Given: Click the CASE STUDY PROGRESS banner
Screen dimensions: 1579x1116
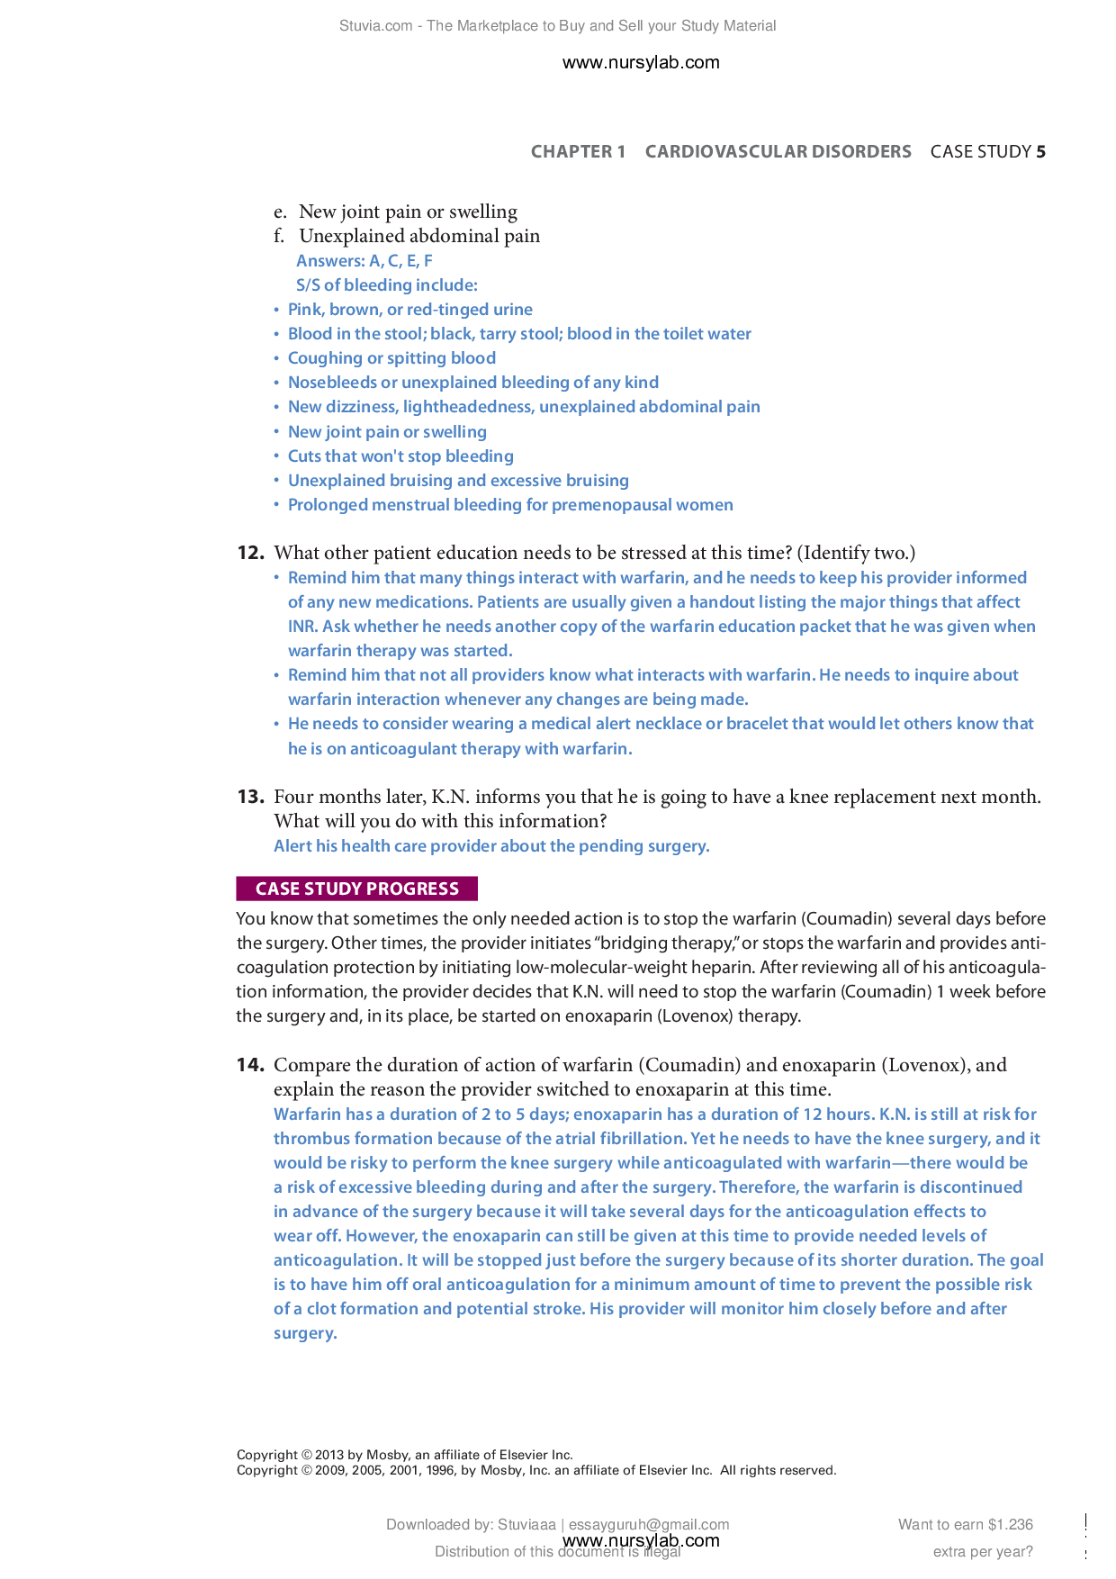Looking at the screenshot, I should [356, 889].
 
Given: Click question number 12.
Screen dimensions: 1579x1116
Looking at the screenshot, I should [250, 553].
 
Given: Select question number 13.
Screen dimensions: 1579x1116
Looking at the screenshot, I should [250, 797].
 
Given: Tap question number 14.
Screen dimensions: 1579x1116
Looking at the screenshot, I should [250, 1065].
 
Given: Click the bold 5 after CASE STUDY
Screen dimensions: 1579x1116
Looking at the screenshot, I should [1040, 151].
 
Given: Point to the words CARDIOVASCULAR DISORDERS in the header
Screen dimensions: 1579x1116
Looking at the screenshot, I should [778, 151].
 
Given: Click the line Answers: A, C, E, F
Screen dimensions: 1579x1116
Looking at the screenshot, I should [364, 261].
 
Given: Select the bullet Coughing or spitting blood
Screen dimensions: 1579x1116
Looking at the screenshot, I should [391, 358].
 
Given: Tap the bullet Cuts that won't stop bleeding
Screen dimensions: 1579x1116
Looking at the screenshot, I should [400, 456].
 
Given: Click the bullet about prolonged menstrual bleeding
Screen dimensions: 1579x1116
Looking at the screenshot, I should [509, 505].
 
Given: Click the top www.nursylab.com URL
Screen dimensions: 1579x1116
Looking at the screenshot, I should [640, 62].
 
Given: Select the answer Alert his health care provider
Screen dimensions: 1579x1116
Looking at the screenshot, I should [491, 846].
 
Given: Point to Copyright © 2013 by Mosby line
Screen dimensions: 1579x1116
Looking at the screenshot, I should [404, 1454].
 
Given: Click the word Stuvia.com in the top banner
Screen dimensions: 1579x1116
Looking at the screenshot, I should [375, 26].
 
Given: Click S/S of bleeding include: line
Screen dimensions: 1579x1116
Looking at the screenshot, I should [386, 285].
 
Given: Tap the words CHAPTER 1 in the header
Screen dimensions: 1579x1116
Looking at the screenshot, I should [578, 151].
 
